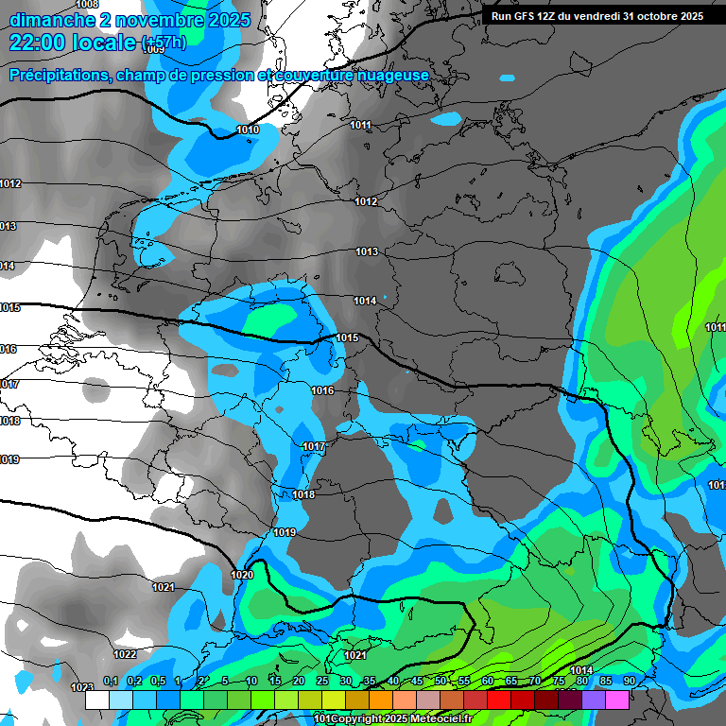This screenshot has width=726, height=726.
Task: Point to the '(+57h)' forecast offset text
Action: (163, 43)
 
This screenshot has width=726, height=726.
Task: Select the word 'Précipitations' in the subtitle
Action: (58, 76)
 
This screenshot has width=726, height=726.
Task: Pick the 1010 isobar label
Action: (248, 130)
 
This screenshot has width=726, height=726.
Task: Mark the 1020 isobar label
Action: (242, 575)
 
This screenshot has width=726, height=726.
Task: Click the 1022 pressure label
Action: (125, 654)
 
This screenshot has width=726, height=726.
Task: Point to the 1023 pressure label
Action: (82, 687)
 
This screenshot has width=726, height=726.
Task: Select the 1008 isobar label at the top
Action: (87, 5)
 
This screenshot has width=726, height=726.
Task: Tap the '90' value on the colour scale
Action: (630, 681)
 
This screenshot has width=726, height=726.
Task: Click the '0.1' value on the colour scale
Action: (110, 681)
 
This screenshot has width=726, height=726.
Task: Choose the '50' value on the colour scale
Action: (441, 681)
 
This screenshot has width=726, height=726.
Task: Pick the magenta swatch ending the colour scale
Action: (617, 700)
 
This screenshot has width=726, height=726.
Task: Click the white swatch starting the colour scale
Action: (97, 700)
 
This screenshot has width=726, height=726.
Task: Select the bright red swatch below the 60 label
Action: (499, 700)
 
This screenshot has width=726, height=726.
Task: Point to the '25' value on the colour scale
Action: (322, 681)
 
